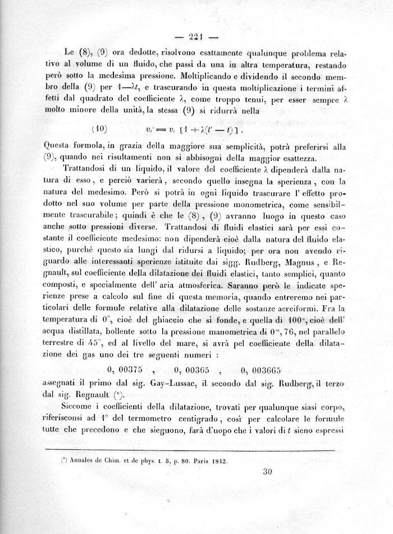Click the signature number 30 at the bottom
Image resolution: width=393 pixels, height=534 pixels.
coord(267,471)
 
